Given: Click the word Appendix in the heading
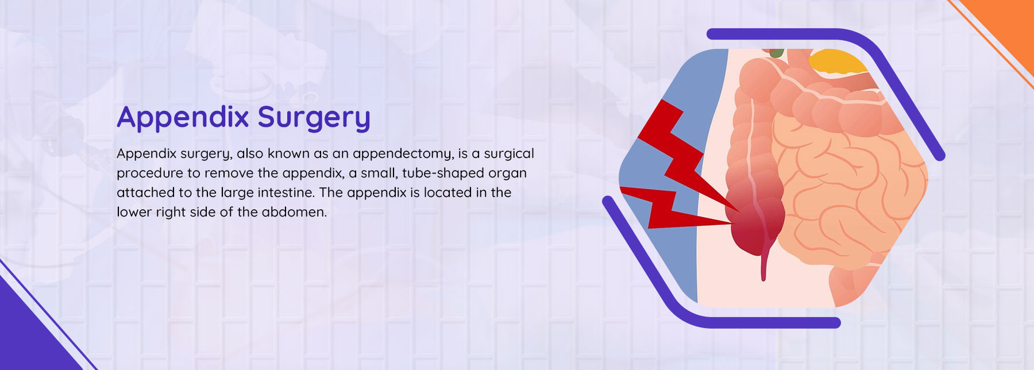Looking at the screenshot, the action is tap(183, 118).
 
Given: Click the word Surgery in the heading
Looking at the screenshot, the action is tap(314, 118).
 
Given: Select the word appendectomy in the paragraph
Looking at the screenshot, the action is tap(402, 154).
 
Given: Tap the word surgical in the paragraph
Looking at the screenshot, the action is tap(509, 153).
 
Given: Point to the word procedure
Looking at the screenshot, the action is tap(150, 174).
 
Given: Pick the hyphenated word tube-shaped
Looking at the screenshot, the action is tap(443, 174).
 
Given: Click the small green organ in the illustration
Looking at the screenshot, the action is tap(777, 52).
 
